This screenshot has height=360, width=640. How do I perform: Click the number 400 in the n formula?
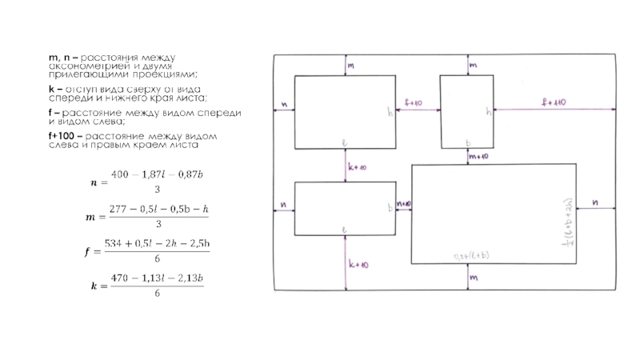click(119, 174)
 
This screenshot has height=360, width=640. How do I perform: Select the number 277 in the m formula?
click(118, 210)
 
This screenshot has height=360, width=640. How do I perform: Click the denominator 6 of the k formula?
click(157, 294)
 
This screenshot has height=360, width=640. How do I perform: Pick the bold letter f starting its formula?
click(87, 251)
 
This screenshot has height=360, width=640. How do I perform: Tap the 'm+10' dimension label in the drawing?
click(479, 157)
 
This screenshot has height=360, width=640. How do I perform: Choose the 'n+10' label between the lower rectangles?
click(403, 205)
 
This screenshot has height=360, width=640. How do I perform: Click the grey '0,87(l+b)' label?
click(472, 257)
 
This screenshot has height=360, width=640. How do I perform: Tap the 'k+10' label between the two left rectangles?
click(356, 166)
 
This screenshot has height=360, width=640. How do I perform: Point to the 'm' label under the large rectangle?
click(474, 278)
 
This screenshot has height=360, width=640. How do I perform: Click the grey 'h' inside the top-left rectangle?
click(390, 113)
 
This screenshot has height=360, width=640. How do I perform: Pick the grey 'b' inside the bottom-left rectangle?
click(390, 208)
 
